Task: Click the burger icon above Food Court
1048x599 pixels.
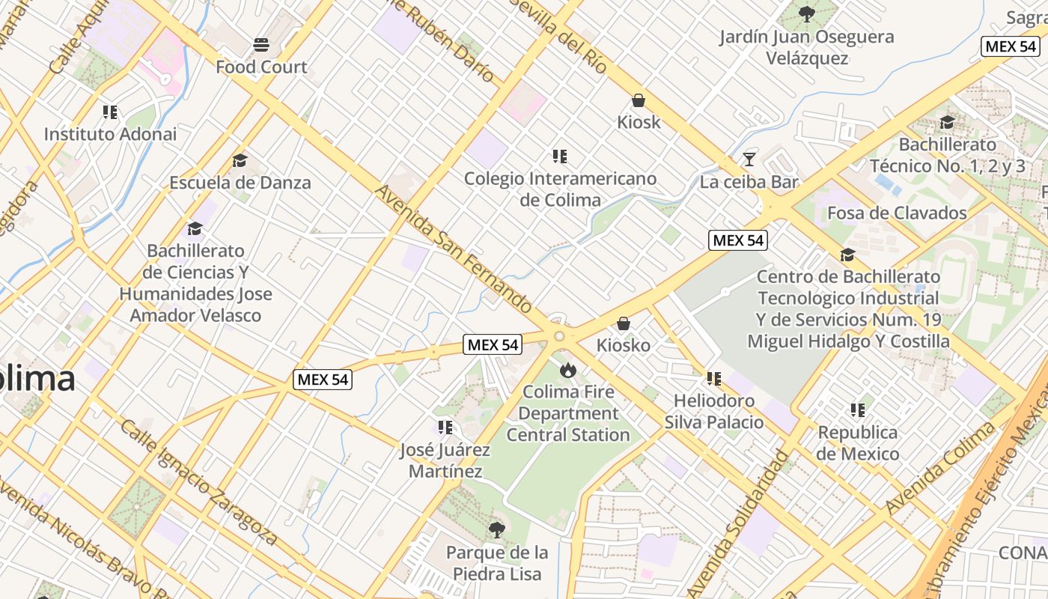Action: (x=261, y=45)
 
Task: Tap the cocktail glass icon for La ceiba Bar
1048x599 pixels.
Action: (x=749, y=159)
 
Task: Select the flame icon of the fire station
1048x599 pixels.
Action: (x=567, y=369)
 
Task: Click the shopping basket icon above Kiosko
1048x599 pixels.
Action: (x=623, y=323)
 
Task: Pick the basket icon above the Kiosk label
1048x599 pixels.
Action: (x=639, y=100)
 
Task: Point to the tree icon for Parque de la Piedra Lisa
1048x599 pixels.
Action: (x=496, y=530)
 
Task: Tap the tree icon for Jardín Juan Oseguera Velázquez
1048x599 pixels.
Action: (x=806, y=13)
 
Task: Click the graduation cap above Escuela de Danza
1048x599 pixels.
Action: (x=240, y=160)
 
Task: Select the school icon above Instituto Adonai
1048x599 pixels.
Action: (x=110, y=112)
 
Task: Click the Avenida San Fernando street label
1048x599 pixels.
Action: (x=454, y=250)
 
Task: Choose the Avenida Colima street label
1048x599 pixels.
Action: (x=941, y=468)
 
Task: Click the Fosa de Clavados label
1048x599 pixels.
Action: (x=897, y=213)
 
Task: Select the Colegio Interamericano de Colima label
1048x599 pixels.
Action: (x=560, y=189)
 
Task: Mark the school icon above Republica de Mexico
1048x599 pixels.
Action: (x=857, y=410)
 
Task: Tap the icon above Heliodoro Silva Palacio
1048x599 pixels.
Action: (x=713, y=379)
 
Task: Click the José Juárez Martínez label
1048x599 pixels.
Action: (x=445, y=460)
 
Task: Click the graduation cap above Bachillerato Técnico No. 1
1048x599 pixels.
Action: (x=947, y=122)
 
